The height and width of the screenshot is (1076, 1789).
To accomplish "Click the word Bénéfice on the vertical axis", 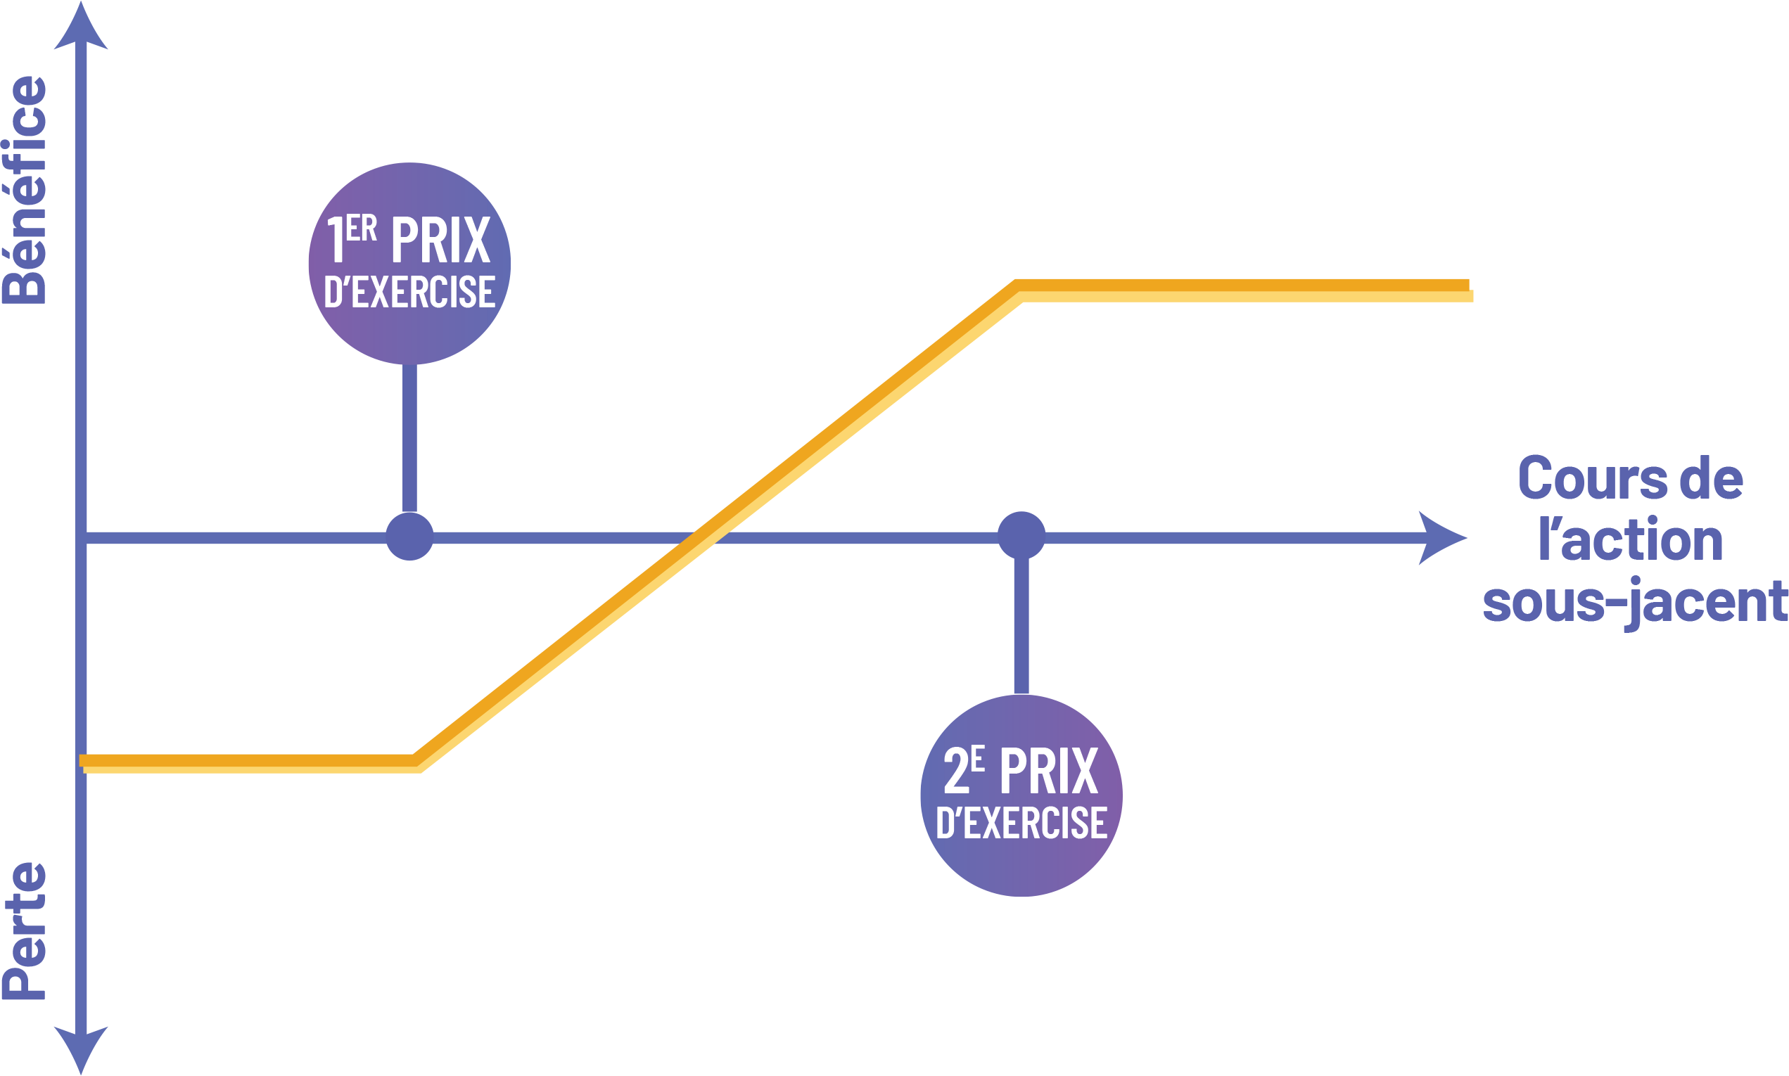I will pos(25,190).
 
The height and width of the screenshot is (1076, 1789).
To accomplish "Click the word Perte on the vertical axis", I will pos(25,933).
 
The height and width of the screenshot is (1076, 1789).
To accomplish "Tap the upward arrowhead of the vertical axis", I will pos(81,29).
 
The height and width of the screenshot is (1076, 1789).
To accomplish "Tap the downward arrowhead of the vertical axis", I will pos(81,1047).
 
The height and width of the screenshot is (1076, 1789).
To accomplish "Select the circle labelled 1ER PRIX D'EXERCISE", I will pos(409,264).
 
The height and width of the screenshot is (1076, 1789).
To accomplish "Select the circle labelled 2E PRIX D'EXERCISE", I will pos(1021,795).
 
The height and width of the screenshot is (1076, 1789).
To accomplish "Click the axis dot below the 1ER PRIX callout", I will pos(409,537).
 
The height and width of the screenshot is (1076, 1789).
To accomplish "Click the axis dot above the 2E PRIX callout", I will pos(1021,536).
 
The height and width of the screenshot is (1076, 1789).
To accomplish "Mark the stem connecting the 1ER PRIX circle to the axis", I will pos(409,439).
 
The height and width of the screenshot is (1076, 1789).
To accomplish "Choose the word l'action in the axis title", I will pos(1631,540).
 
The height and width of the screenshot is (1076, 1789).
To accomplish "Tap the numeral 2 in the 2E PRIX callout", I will pos(956,770).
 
